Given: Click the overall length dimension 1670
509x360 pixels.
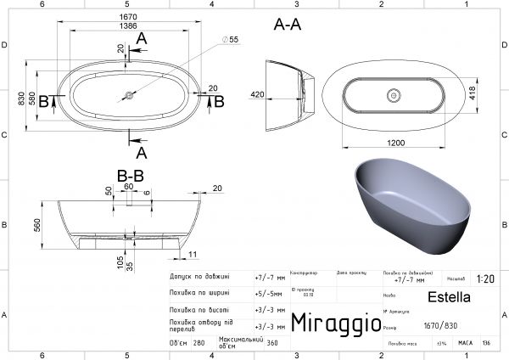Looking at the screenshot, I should pyautogui.click(x=128, y=17).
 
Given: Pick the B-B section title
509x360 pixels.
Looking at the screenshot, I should pyautogui.click(x=130, y=176).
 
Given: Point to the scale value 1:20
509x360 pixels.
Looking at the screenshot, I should pyautogui.click(x=486, y=278).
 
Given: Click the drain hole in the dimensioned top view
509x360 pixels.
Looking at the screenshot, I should pyautogui.click(x=129, y=95).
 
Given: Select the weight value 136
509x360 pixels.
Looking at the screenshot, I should pyautogui.click(x=486, y=344).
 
